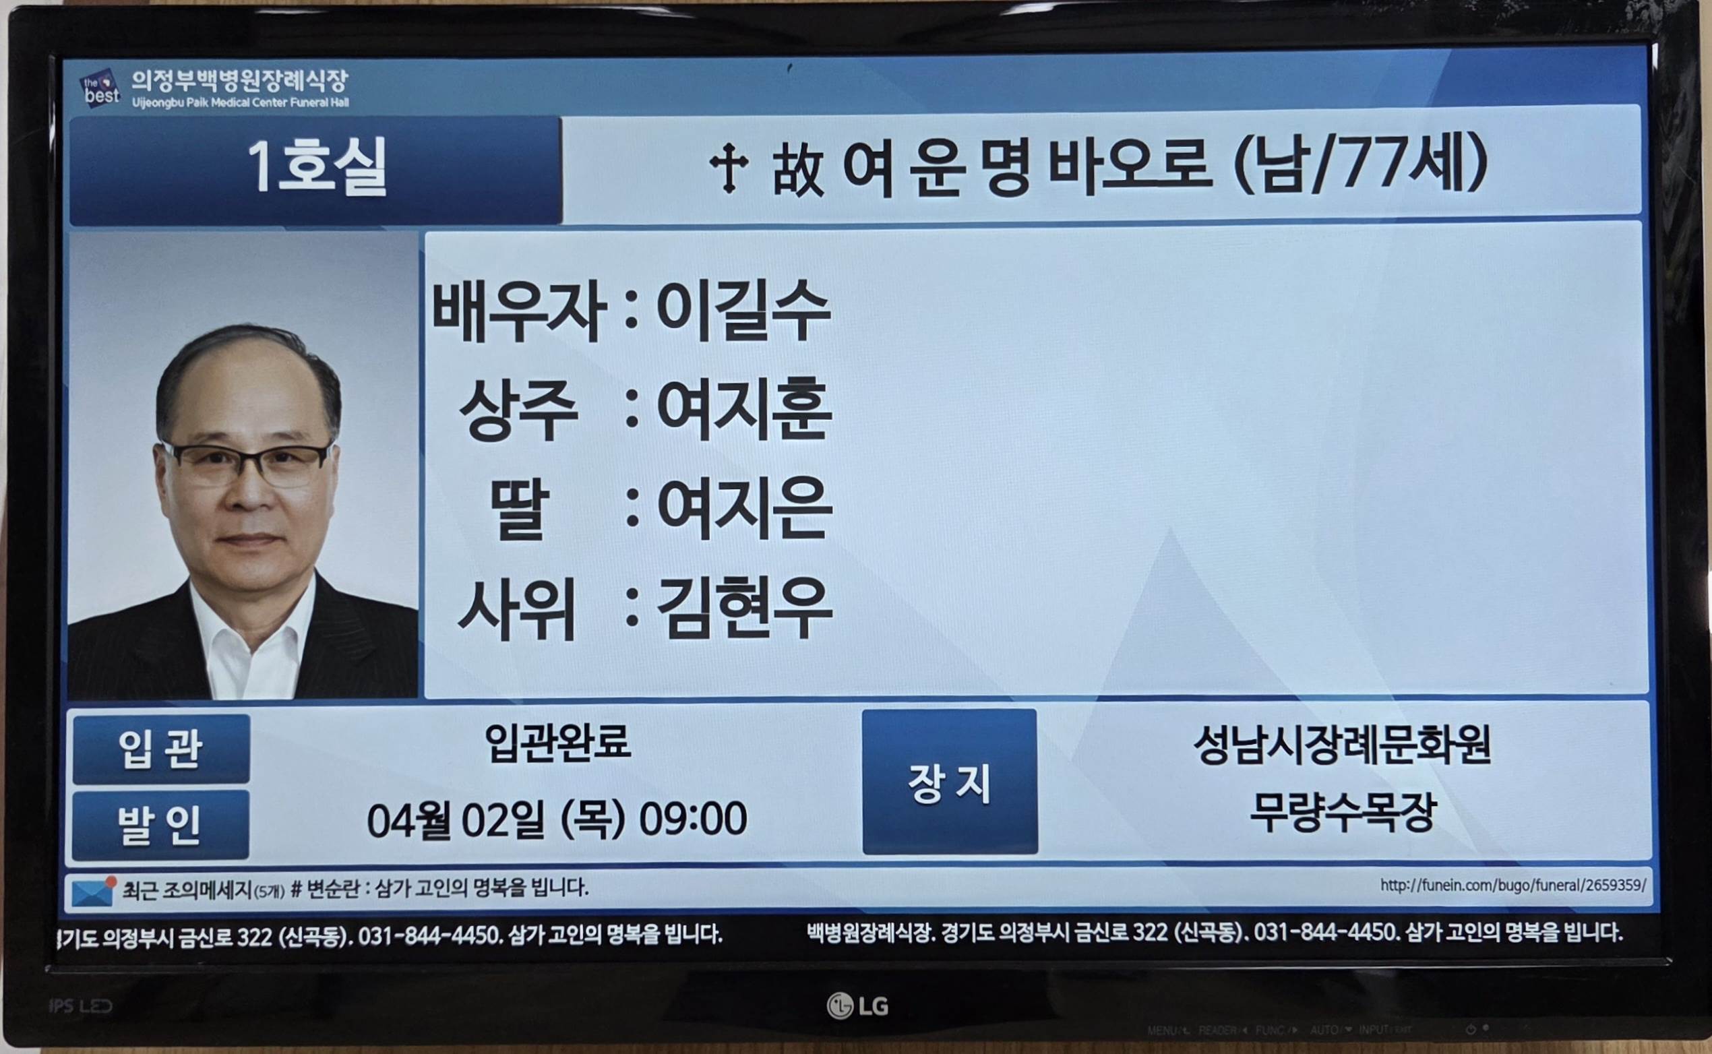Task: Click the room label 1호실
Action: (317, 168)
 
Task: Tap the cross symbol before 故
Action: (729, 168)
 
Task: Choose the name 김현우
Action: (743, 609)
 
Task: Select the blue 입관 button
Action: (161, 748)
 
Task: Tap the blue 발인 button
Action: (161, 825)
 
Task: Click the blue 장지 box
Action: (950, 782)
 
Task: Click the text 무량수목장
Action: (1342, 813)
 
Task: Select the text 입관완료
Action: (557, 742)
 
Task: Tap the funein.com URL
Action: (1512, 886)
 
